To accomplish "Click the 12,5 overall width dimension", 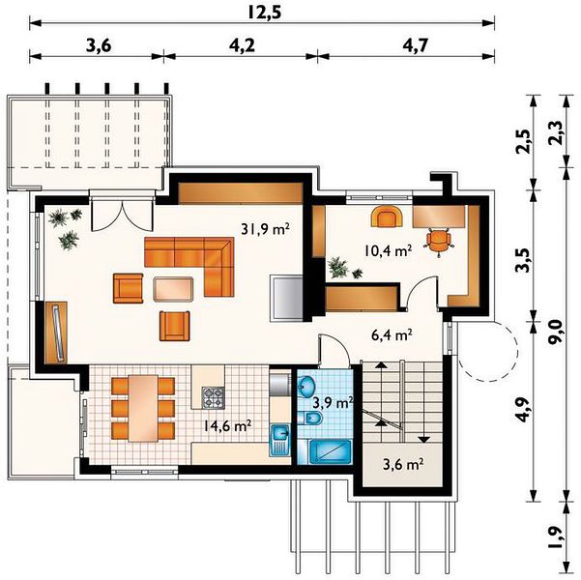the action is coord(265,13).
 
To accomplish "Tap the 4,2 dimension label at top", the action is coord(243,45).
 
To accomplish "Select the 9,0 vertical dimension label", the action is coord(556,333).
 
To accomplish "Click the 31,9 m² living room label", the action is coord(265,229).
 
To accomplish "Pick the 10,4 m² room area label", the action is coord(388,251).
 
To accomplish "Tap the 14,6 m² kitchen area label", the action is coord(228,426).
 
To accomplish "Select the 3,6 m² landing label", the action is coord(403,464).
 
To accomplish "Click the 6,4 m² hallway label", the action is coord(392,335).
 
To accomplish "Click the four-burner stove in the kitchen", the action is coord(213,397).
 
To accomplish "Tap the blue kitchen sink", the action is coord(280,440).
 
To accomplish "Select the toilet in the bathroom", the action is coord(310,419).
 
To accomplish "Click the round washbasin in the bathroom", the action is coord(306,387).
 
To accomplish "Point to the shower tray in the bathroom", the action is coord(331,451).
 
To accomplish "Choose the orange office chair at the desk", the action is coord(439,242).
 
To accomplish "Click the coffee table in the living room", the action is coord(173,289).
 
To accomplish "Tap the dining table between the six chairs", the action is coord(143,408).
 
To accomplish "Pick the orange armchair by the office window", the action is coord(387,217).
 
